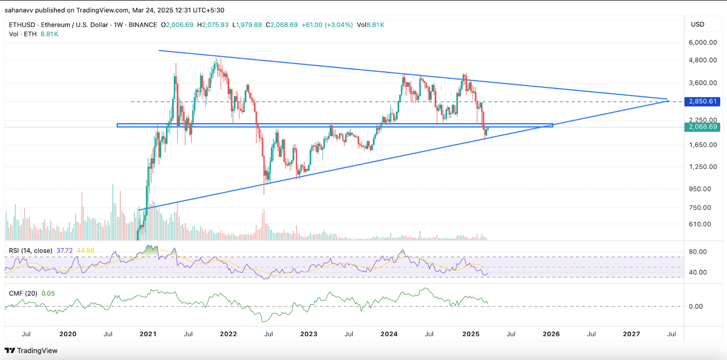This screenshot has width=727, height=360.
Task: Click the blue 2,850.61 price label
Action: click(x=702, y=101)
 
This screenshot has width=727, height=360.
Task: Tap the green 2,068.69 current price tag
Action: click(x=702, y=127)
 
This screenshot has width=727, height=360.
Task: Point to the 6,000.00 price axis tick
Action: click(x=702, y=42)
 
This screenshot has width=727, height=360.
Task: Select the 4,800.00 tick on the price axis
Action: click(x=702, y=60)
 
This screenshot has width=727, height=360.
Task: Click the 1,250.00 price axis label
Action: click(x=702, y=167)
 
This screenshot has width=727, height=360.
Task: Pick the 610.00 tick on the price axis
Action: click(x=700, y=224)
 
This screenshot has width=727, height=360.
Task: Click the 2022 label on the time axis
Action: click(x=228, y=334)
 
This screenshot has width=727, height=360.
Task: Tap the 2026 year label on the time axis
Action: click(x=551, y=334)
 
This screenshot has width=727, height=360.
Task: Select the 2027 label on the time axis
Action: click(x=631, y=334)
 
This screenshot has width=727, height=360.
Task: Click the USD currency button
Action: click(x=697, y=25)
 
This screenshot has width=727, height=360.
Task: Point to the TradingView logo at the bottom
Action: click(x=31, y=350)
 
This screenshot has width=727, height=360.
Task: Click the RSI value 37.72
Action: click(x=65, y=250)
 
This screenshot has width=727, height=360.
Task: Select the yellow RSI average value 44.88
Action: click(x=85, y=250)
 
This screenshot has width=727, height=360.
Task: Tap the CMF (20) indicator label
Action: click(x=23, y=294)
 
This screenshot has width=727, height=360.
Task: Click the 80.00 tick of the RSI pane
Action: click(x=697, y=252)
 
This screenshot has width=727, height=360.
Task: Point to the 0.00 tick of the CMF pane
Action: click(x=696, y=306)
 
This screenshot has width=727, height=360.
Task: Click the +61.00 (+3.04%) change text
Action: click(x=327, y=25)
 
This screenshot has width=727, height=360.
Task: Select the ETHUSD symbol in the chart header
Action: click(x=22, y=25)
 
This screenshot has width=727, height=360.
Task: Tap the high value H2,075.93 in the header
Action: click(x=213, y=25)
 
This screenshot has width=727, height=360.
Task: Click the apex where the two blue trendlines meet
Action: click(x=667, y=100)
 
